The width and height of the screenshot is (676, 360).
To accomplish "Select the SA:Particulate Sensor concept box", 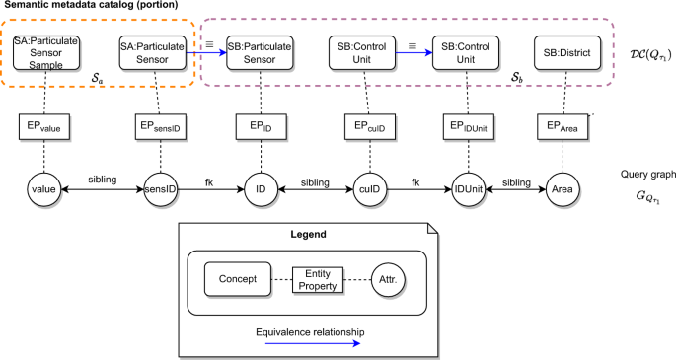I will point(152,52).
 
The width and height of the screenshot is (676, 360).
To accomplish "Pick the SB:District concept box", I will point(562,52).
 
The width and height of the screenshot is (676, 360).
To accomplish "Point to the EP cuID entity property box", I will point(363,126).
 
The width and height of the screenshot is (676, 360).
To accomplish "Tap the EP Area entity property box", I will point(563,126).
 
